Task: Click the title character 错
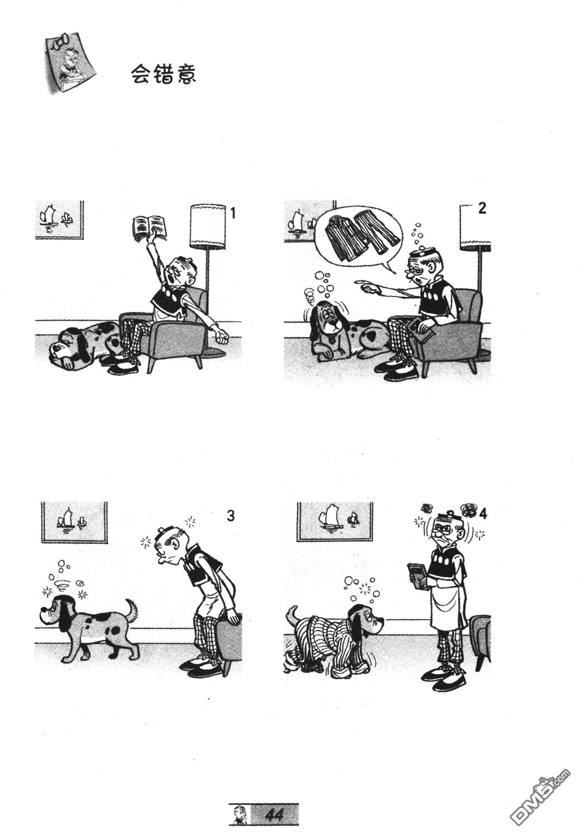point(163,74)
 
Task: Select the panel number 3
point(231,516)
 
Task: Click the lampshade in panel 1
point(208,226)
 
